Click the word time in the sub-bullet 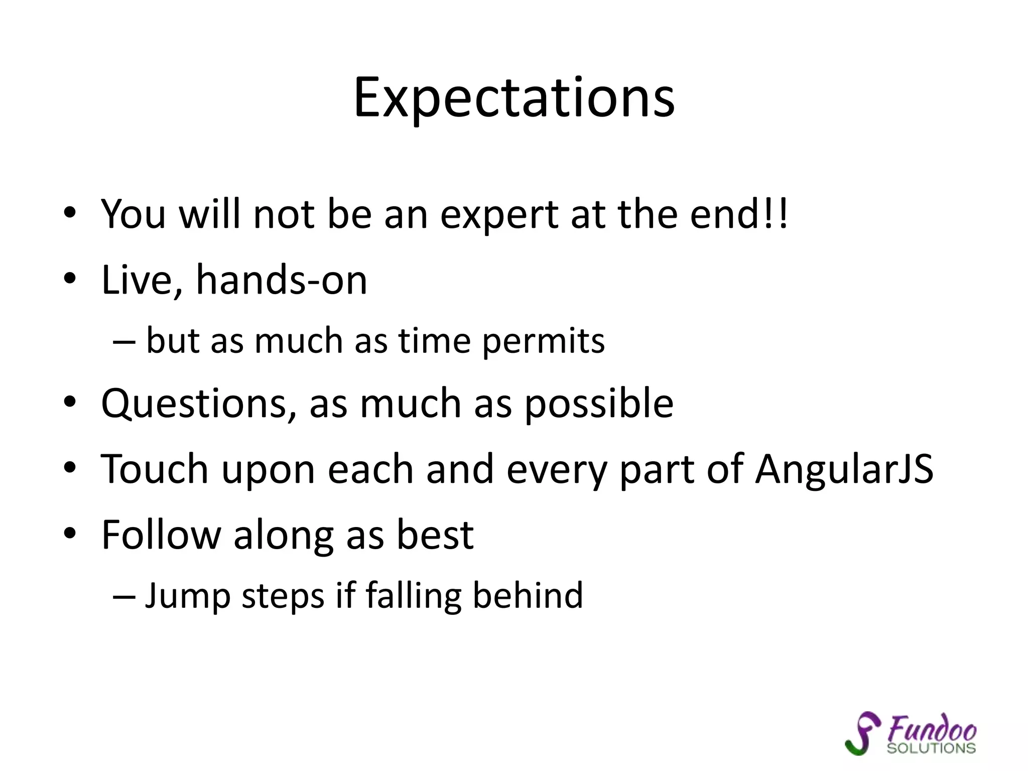(434, 341)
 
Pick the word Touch (155, 469)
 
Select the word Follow (161, 535)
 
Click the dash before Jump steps (124, 596)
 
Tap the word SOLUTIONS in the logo (931, 748)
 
